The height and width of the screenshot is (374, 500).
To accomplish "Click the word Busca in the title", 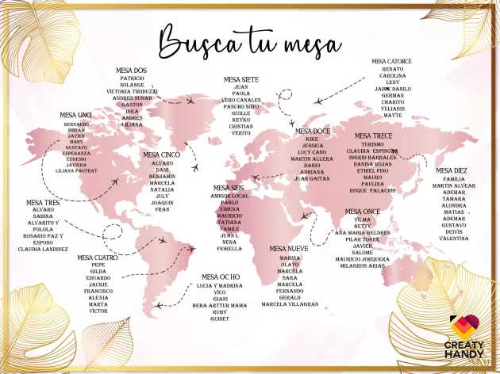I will pos(196,40).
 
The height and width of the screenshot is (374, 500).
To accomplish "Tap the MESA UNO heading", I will pos(76,115).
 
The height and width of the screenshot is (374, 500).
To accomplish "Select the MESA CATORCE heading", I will pos(391,61).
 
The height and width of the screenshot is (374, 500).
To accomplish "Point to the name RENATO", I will pos(393,70).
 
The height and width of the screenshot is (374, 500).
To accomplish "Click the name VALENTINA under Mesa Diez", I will pos(454,239).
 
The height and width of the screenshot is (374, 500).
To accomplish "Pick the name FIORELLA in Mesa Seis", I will pos(229,249).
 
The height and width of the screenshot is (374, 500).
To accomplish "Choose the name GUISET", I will pos(220,319).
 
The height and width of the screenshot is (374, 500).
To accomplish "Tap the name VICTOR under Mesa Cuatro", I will pos(98,311).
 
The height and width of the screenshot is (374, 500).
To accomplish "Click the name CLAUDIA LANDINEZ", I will pos(43,250).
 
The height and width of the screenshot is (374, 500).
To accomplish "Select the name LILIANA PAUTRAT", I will pos(77,170).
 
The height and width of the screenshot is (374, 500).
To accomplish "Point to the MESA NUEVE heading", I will pos(289,249).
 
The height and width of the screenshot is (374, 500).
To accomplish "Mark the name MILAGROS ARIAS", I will pos(362,265).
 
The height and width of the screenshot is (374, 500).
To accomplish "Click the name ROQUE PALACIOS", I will pos(372,190).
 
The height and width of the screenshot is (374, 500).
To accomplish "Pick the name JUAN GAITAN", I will pos(312,179).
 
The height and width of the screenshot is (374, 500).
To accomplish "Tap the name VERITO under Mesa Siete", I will pos(241,133).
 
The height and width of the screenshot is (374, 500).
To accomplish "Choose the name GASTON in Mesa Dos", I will pos(133,104).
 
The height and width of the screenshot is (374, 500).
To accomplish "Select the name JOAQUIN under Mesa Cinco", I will pos(162,202).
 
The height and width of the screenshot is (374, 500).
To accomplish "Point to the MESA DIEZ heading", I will pos(452,170).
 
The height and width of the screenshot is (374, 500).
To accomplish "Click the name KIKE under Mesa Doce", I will pos(312,139).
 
